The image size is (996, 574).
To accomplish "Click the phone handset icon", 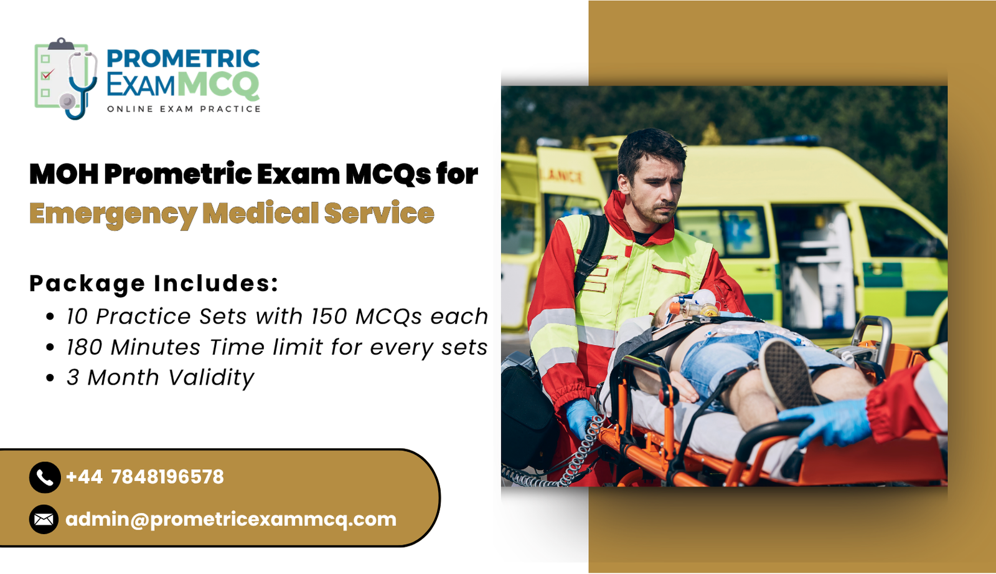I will (44, 477).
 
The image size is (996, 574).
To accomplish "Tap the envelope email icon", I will (44, 519).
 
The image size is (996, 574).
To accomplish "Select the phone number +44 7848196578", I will (144, 477).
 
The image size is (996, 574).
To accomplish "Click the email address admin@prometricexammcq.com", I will (231, 519).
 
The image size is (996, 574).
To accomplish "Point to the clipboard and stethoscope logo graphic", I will (65, 78).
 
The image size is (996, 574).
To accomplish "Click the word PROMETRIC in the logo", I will (183, 59).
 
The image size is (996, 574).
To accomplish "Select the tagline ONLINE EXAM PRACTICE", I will (184, 109).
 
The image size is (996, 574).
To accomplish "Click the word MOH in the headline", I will (63, 174).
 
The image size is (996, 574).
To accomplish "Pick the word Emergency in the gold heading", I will (113, 214).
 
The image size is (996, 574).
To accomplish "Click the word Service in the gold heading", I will (379, 214).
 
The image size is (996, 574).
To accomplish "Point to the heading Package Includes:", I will (153, 284).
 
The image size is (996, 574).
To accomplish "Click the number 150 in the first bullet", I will (329, 317).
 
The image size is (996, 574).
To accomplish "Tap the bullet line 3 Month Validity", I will (160, 378).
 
